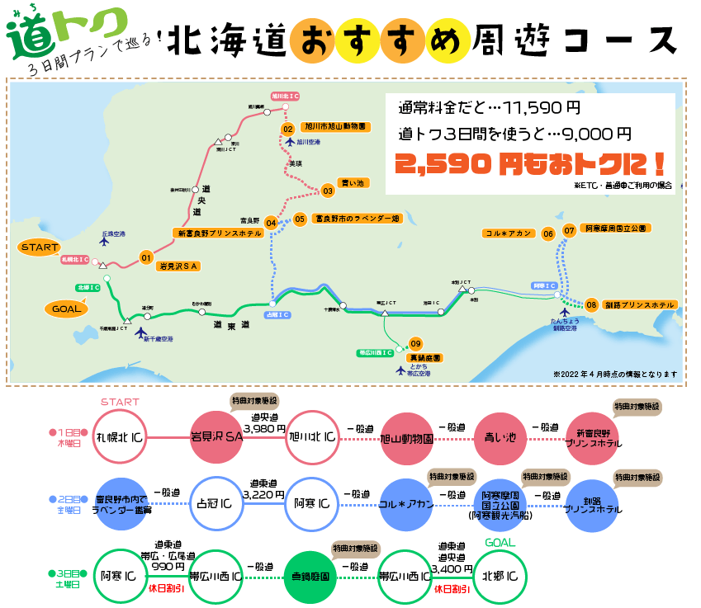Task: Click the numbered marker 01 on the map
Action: [146, 257]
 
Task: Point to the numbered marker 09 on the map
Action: [415, 343]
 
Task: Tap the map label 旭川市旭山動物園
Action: [336, 128]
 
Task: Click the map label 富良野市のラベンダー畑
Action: [357, 219]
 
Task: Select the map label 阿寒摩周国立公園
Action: [615, 229]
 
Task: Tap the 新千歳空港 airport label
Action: [157, 339]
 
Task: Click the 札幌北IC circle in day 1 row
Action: [121, 437]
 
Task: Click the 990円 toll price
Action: [169, 566]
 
